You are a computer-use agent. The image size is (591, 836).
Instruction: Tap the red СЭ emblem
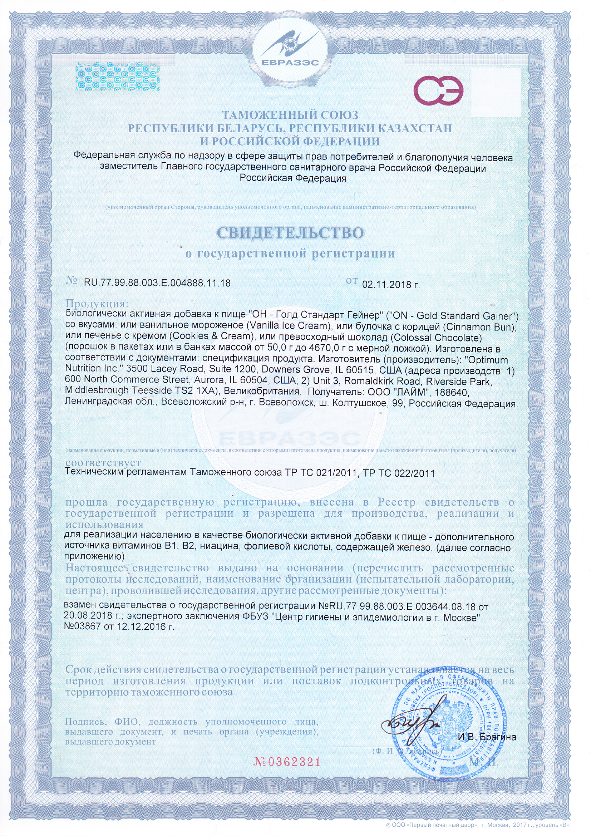coord(438,92)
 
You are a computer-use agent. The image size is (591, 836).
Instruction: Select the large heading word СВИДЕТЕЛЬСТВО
coord(290,233)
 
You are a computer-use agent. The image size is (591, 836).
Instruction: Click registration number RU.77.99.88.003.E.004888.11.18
coord(157,283)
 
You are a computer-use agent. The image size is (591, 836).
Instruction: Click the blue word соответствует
coord(103,463)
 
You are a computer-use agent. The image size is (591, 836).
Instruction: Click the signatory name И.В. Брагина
coord(487,737)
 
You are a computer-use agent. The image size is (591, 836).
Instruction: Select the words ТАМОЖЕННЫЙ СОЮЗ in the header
coord(290,115)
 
